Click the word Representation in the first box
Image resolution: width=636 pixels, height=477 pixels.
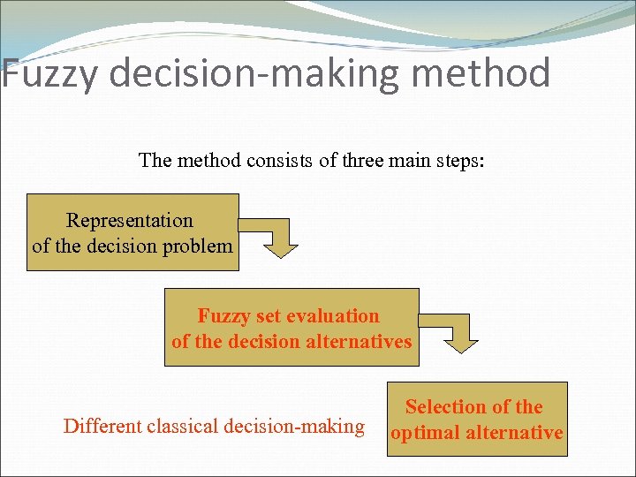point(130,220)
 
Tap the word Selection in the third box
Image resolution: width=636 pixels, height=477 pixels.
point(444,407)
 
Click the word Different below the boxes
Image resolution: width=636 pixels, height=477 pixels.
point(96,427)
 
